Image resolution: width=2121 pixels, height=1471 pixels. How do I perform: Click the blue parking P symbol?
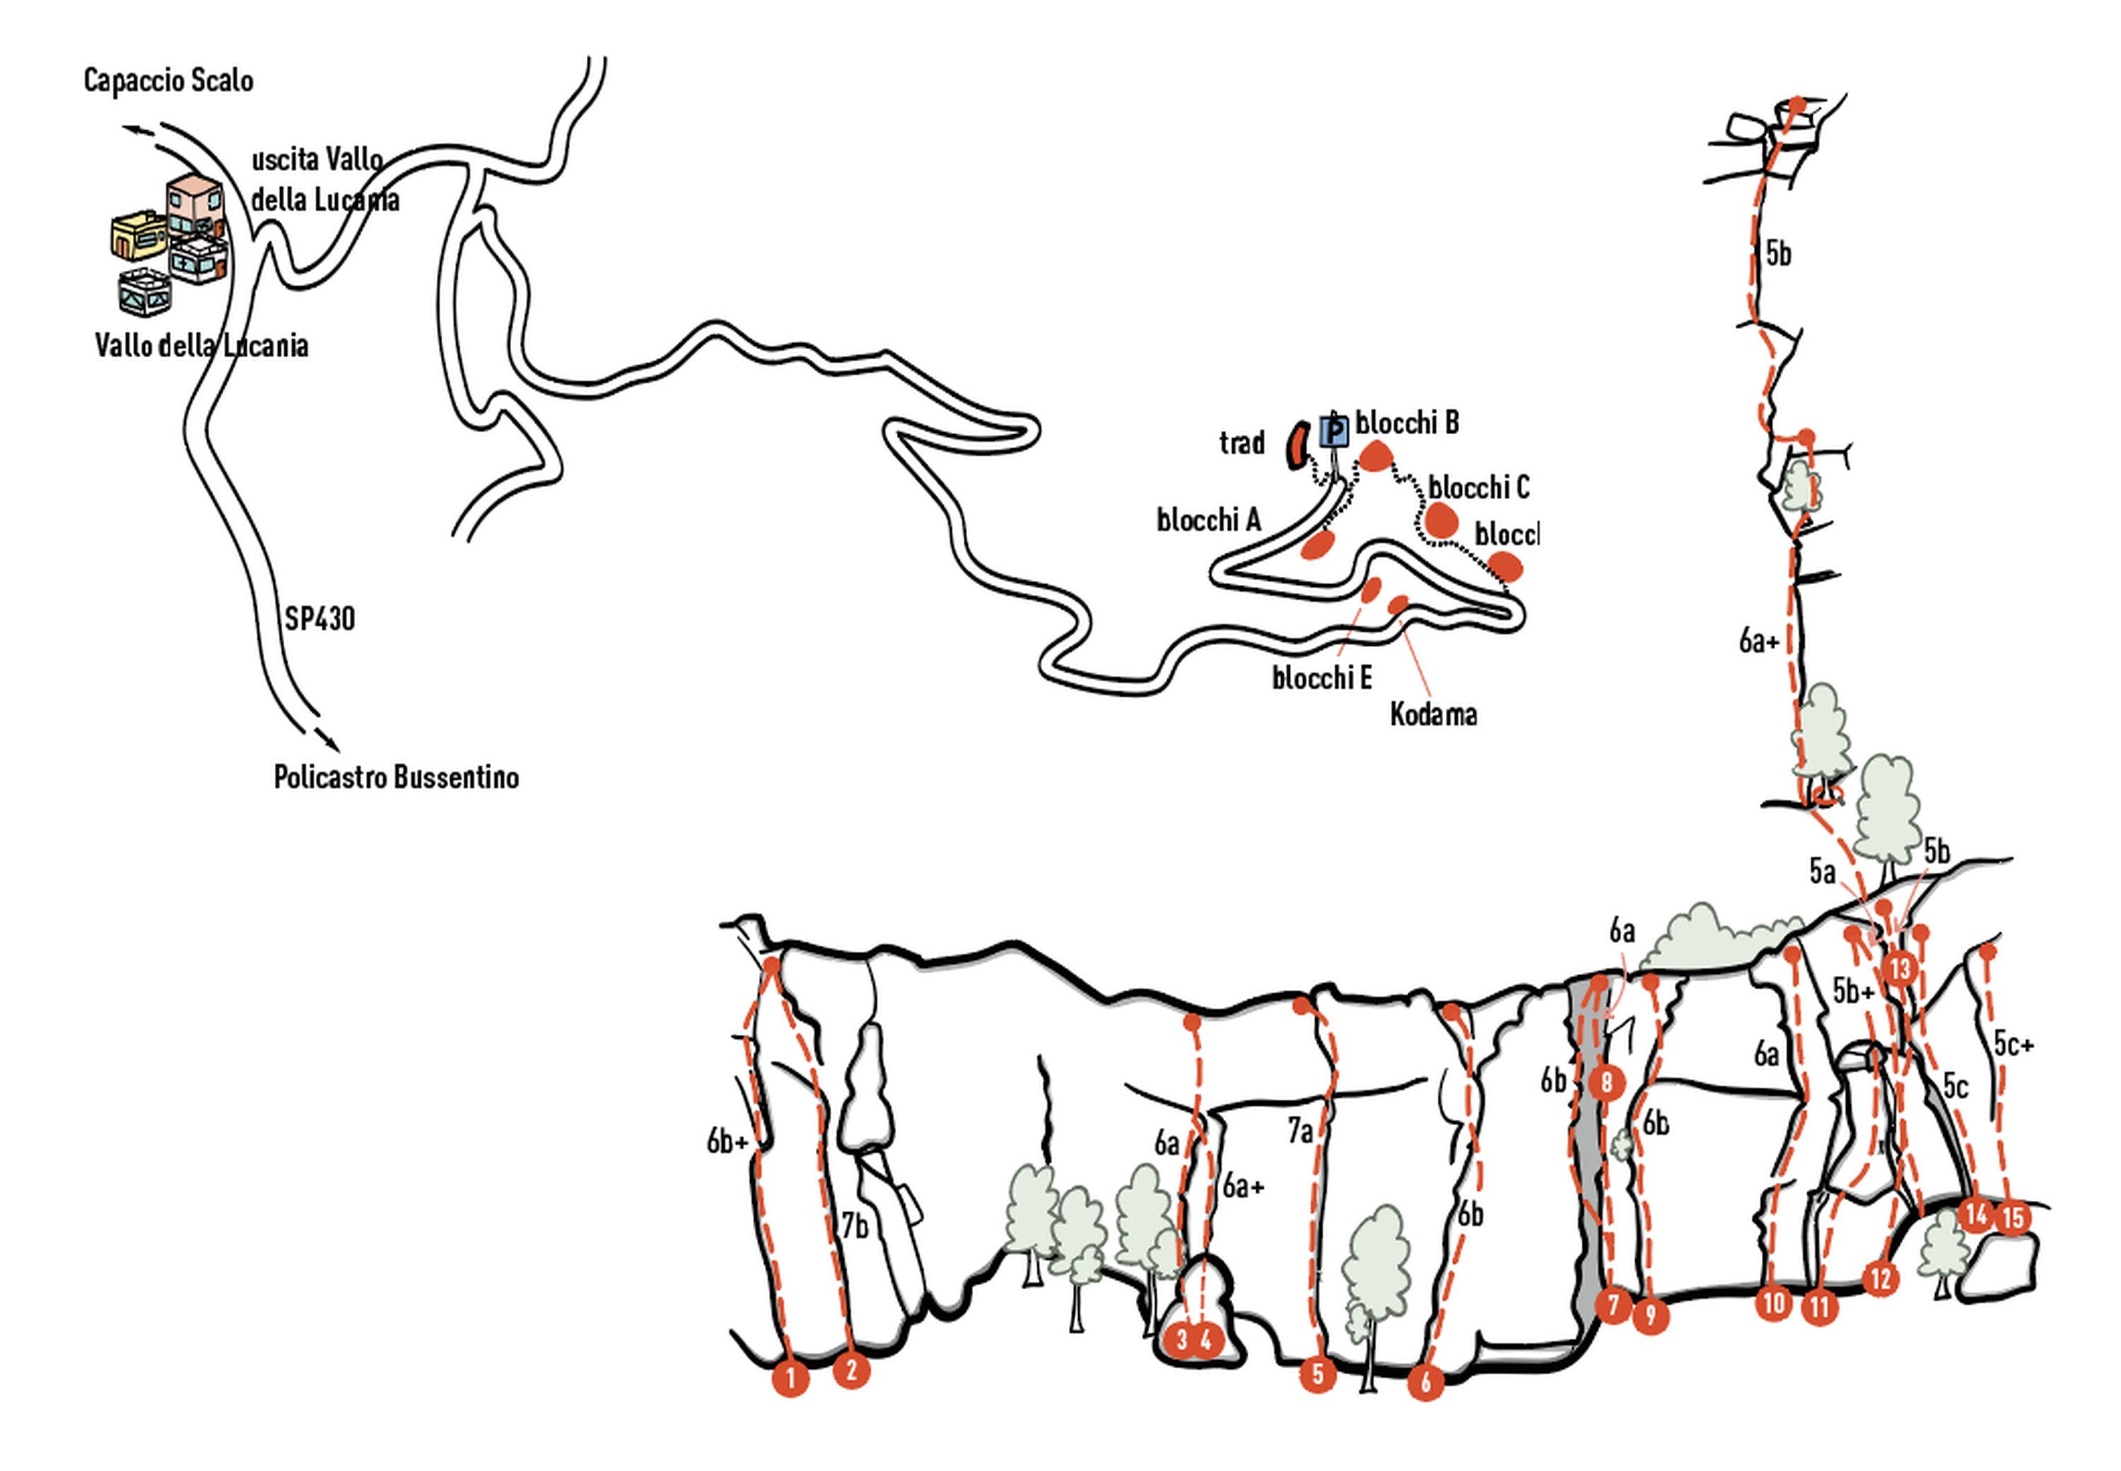[1333, 431]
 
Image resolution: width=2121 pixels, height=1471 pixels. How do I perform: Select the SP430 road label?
[319, 617]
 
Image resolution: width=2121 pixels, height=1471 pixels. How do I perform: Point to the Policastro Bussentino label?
[396, 777]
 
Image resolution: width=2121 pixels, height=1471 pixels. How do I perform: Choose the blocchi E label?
[1321, 678]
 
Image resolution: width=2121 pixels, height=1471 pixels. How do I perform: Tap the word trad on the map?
[1241, 443]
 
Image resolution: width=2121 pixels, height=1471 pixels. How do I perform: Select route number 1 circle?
[790, 1379]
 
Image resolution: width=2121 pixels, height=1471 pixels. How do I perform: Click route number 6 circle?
[1425, 1382]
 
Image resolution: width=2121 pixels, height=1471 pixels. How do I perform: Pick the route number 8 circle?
[1607, 1082]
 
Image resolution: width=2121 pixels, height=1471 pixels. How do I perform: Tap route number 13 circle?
[1900, 969]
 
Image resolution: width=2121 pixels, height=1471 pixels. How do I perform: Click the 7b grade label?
[855, 1226]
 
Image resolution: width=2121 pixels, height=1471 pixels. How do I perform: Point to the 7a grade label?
[1299, 1131]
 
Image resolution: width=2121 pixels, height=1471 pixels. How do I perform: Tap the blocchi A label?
[1208, 521]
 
